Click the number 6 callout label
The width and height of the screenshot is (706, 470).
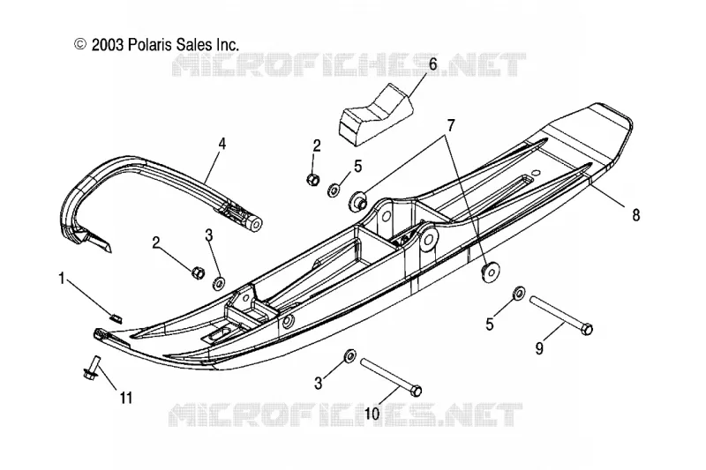[432, 64]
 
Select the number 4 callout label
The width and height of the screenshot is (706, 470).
[222, 145]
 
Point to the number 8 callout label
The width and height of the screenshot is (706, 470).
[635, 215]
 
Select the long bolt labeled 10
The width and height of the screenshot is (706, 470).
[391, 377]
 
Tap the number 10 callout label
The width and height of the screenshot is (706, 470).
[372, 414]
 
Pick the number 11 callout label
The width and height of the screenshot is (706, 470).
[126, 398]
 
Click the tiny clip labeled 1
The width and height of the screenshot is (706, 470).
[116, 317]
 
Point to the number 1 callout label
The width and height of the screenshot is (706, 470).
[62, 279]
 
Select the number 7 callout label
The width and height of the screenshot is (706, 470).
[451, 125]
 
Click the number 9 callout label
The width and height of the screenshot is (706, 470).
[539, 348]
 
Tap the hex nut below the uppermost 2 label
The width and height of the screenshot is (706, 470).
[313, 180]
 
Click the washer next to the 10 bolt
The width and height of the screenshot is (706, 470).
[349, 355]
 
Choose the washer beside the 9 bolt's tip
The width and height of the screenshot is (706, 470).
[518, 293]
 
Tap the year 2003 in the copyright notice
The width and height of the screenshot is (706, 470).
[107, 44]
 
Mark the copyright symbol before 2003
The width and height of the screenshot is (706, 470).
[80, 43]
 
